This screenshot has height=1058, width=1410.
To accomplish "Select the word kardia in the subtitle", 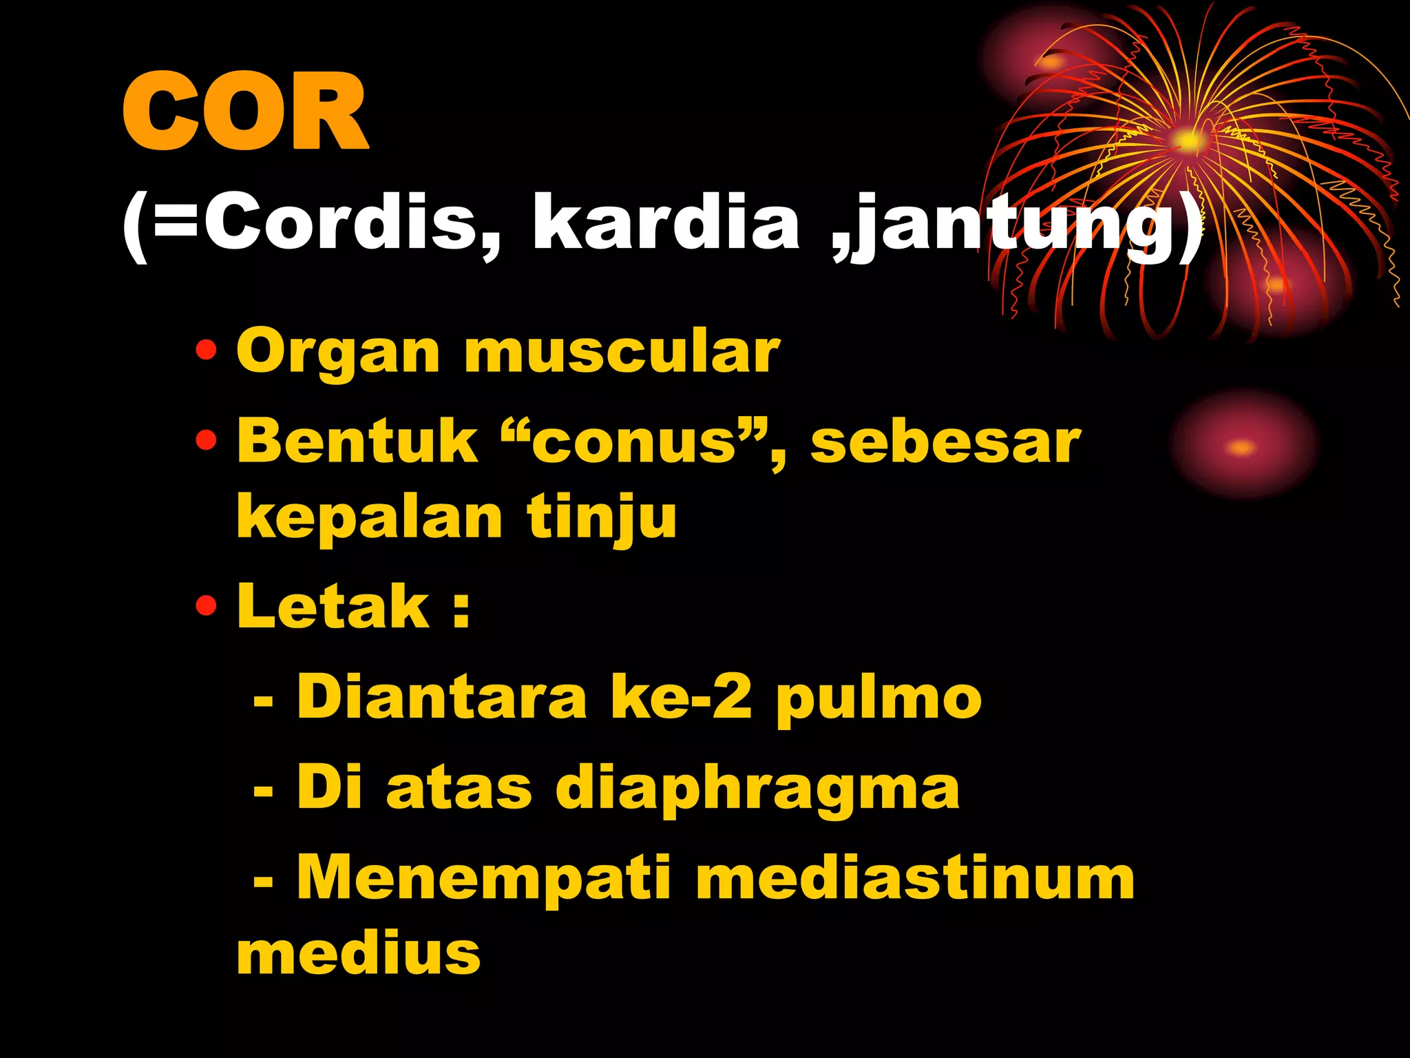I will click(x=666, y=222).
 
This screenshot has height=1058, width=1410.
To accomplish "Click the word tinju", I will click(x=602, y=518).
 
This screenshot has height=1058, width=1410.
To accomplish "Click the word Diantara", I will click(x=441, y=698).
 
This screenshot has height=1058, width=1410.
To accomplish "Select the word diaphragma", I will click(x=757, y=789).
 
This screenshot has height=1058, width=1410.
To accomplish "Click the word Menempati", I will click(x=483, y=878).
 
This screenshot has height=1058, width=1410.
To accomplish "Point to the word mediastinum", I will click(x=915, y=878).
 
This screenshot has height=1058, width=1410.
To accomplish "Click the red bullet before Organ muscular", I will click(x=206, y=352).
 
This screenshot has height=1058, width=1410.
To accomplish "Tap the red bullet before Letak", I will click(x=206, y=607).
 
